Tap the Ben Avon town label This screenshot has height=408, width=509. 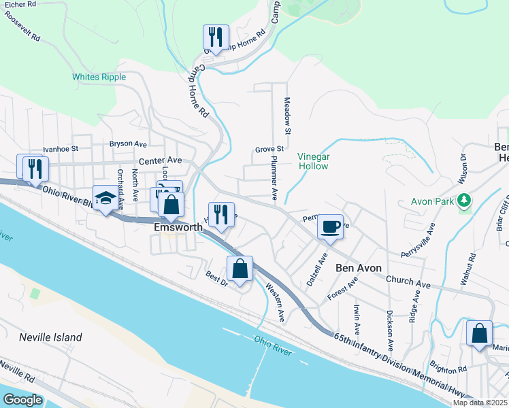click(x=359, y=268)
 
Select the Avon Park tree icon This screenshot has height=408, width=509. click(x=465, y=201)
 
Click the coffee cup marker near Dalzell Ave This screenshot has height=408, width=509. click(x=330, y=226)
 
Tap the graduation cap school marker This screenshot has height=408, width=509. click(x=104, y=199)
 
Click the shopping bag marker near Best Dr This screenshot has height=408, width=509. click(x=240, y=269)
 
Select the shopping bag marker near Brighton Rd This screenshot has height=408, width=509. click(x=479, y=334)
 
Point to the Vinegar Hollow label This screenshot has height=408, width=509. click(x=314, y=161)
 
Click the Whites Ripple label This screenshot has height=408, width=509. click(x=99, y=77)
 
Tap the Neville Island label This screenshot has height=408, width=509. click(x=50, y=337)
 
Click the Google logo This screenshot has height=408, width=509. click(x=22, y=400)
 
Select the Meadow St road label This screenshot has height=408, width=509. click(x=287, y=116)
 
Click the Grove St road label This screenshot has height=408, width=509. click(x=269, y=148)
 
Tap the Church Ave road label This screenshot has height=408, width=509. click(x=408, y=281)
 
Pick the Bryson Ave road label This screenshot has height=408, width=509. click(x=128, y=144)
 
